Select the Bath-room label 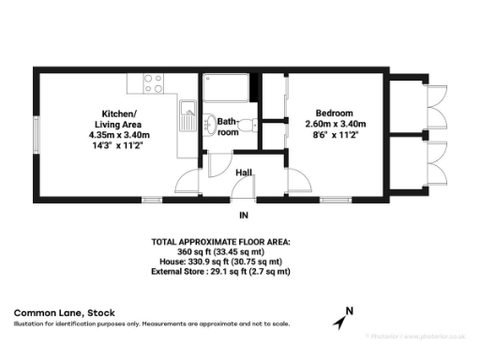coord(227,127)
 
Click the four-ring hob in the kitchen coord(152,82)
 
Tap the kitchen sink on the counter coord(186,117)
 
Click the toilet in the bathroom coord(246,125)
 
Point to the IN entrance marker coord(244,216)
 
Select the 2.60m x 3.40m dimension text coord(335,125)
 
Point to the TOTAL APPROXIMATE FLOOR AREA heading coord(221,242)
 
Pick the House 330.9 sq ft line coord(221,262)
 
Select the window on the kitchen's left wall coord(36,135)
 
